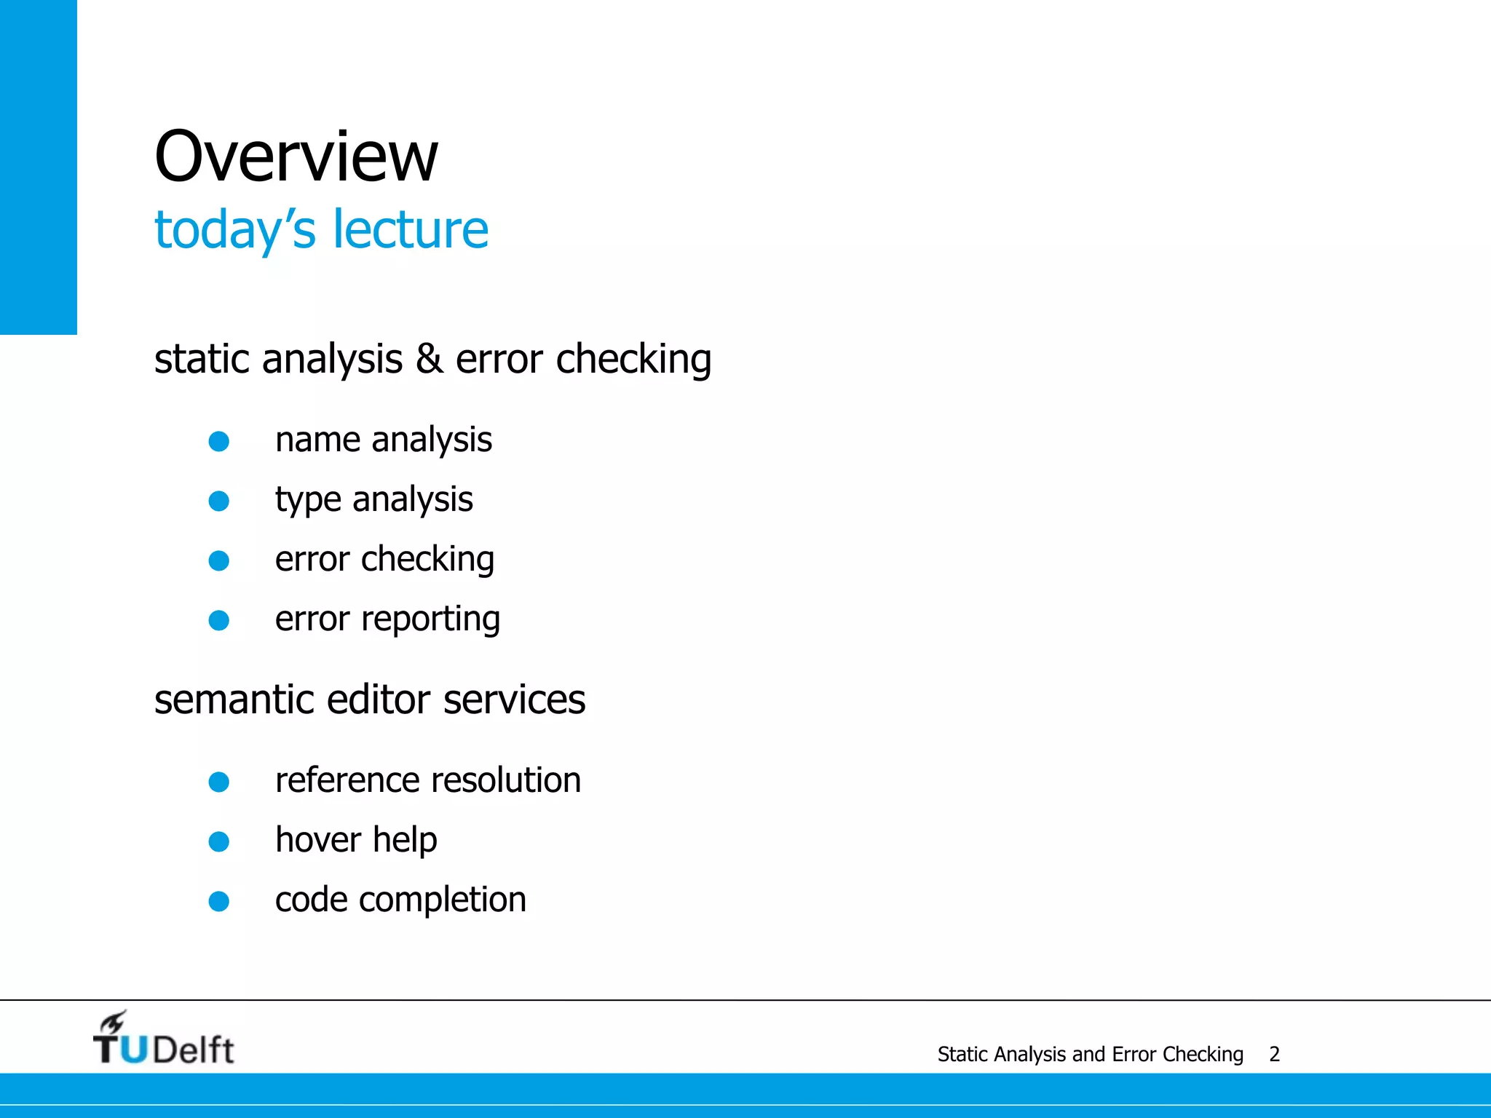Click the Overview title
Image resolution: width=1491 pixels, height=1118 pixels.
[x=296, y=156]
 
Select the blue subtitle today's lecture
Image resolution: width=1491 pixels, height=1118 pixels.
[x=321, y=230]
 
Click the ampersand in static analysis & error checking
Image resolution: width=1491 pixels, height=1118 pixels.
[x=430, y=360]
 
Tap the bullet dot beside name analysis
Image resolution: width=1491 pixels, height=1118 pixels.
[x=219, y=441]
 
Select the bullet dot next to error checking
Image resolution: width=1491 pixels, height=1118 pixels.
[x=219, y=560]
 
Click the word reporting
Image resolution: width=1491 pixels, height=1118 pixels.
[x=430, y=620]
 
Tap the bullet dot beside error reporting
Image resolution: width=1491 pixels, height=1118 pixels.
[x=219, y=620]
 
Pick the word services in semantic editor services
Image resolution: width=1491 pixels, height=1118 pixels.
[x=514, y=700]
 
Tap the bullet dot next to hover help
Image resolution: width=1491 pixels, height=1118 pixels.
[x=219, y=842]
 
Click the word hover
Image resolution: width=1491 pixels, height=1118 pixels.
[x=318, y=841]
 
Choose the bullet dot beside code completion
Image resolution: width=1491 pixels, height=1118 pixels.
[x=219, y=902]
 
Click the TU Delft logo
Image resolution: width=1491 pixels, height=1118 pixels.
[x=164, y=1039]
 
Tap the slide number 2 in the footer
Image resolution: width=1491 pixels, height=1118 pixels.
[x=1274, y=1054]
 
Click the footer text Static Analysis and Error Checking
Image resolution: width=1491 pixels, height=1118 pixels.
[x=1090, y=1054]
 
